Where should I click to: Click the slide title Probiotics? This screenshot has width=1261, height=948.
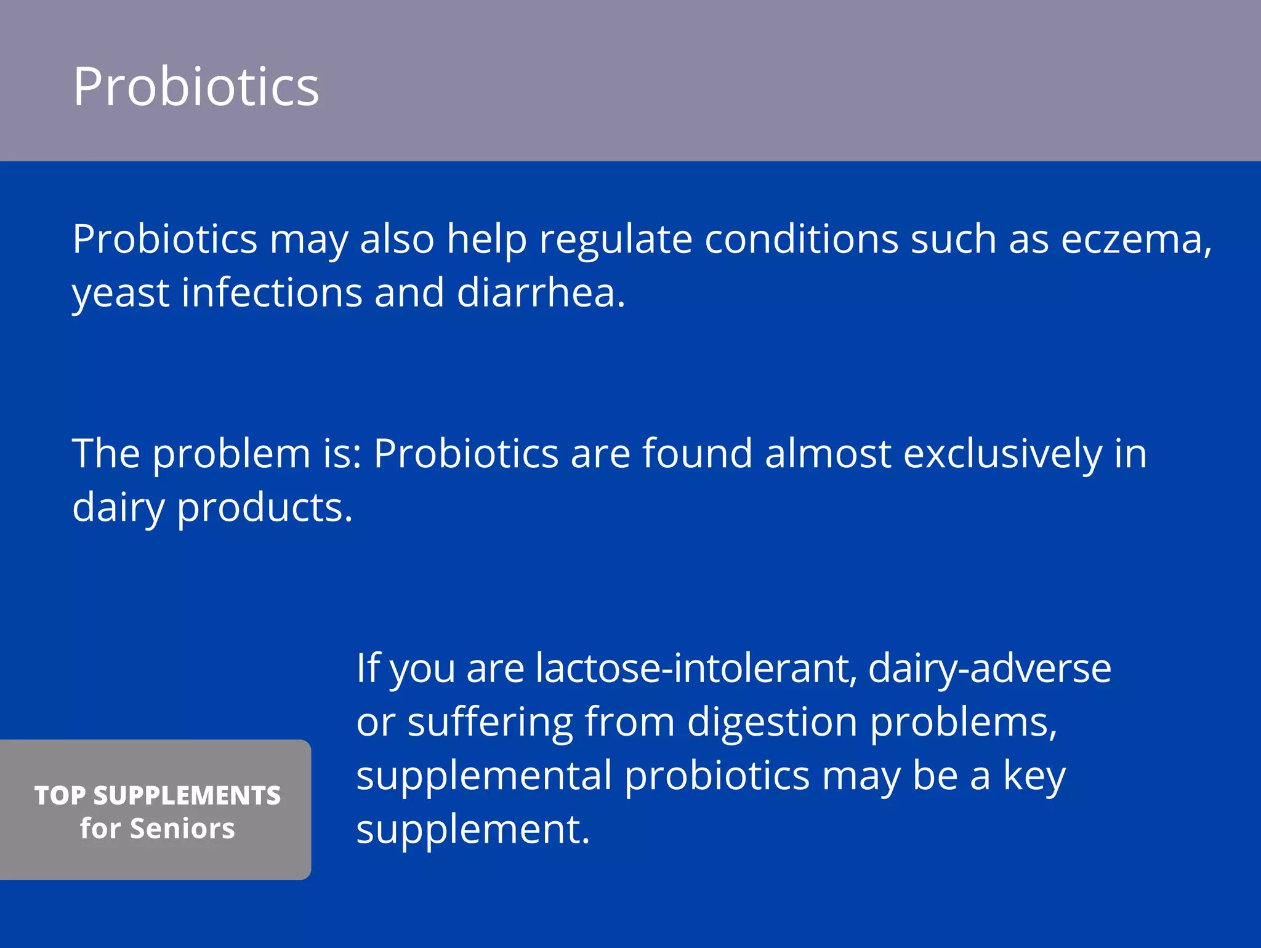[196, 87]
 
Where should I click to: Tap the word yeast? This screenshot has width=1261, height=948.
[121, 293]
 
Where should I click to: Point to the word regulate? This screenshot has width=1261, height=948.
[615, 240]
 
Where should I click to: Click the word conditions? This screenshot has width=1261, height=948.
[801, 239]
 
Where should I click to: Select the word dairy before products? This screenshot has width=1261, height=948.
[118, 508]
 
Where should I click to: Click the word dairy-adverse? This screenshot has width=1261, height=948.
[989, 669]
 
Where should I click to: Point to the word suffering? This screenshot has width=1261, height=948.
[489, 722]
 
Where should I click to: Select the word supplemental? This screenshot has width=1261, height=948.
[484, 776]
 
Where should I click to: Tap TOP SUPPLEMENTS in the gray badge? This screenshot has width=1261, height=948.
[158, 795]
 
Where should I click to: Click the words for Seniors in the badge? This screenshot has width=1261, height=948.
[158, 829]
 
